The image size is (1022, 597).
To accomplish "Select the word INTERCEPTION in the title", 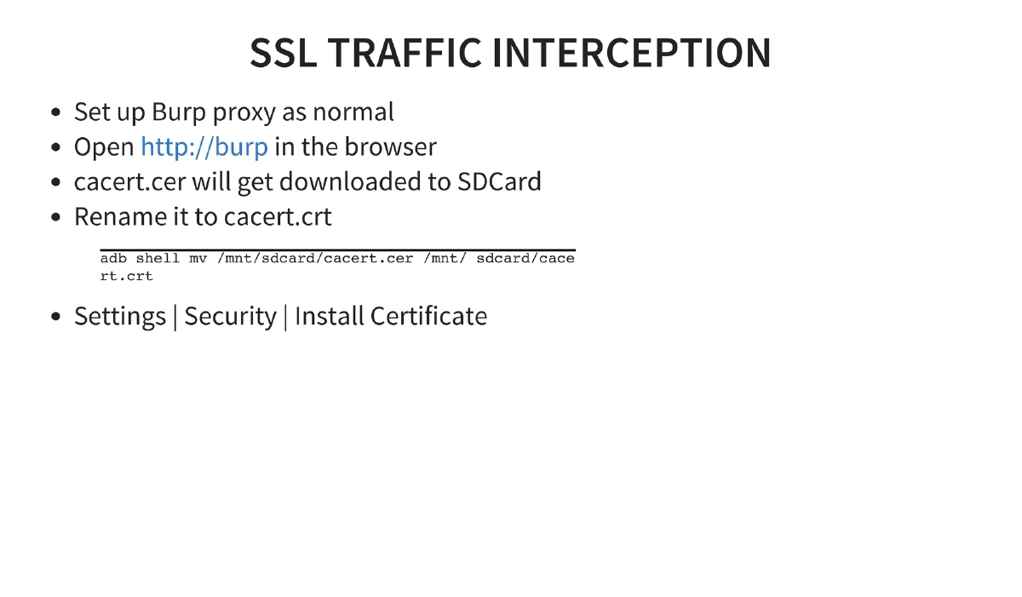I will pos(631,53).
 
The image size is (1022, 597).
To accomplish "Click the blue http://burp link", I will pos(204,146).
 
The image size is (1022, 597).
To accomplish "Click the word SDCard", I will pos(499,181).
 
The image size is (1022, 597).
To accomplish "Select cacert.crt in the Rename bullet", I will pos(278,216).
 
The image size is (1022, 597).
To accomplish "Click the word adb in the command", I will pos(113,258).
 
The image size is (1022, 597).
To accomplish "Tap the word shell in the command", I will pos(158,258).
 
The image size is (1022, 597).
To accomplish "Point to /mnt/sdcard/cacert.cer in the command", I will pos(315,258).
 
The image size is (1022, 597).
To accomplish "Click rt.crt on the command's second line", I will pos(126,276).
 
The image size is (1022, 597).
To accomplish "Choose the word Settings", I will pos(119,316).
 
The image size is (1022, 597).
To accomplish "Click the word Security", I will pos(230,316).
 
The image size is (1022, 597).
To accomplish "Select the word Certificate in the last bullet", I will pos(428,316).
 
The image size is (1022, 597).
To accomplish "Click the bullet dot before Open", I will pos(56,147).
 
